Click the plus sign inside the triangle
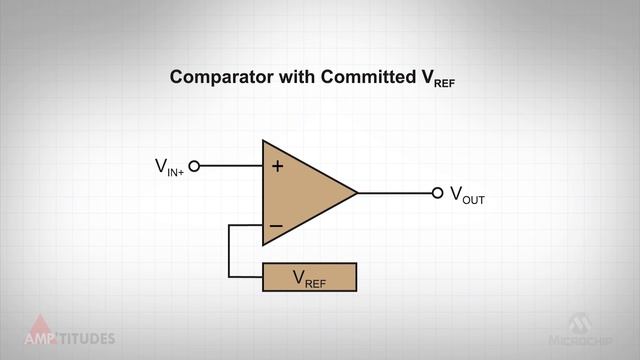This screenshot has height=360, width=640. point(277,166)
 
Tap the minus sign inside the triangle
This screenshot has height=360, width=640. point(276,226)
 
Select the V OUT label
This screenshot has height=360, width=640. point(467,195)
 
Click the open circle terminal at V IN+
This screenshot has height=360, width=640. point(194,166)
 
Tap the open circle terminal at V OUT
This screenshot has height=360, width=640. point(437,193)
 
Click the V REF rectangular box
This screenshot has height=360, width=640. point(309,277)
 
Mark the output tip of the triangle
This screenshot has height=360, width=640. point(357,193)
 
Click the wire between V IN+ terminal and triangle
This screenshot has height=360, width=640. point(230,166)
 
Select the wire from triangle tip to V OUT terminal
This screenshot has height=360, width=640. point(395,193)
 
